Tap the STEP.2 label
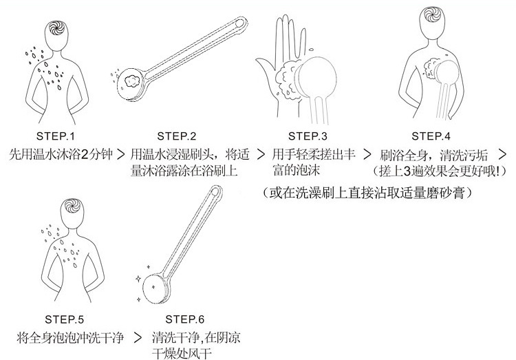[177, 136]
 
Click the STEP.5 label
[65, 320]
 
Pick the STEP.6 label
[185, 320]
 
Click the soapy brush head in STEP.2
[129, 81]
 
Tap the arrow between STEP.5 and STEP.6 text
[138, 339]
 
